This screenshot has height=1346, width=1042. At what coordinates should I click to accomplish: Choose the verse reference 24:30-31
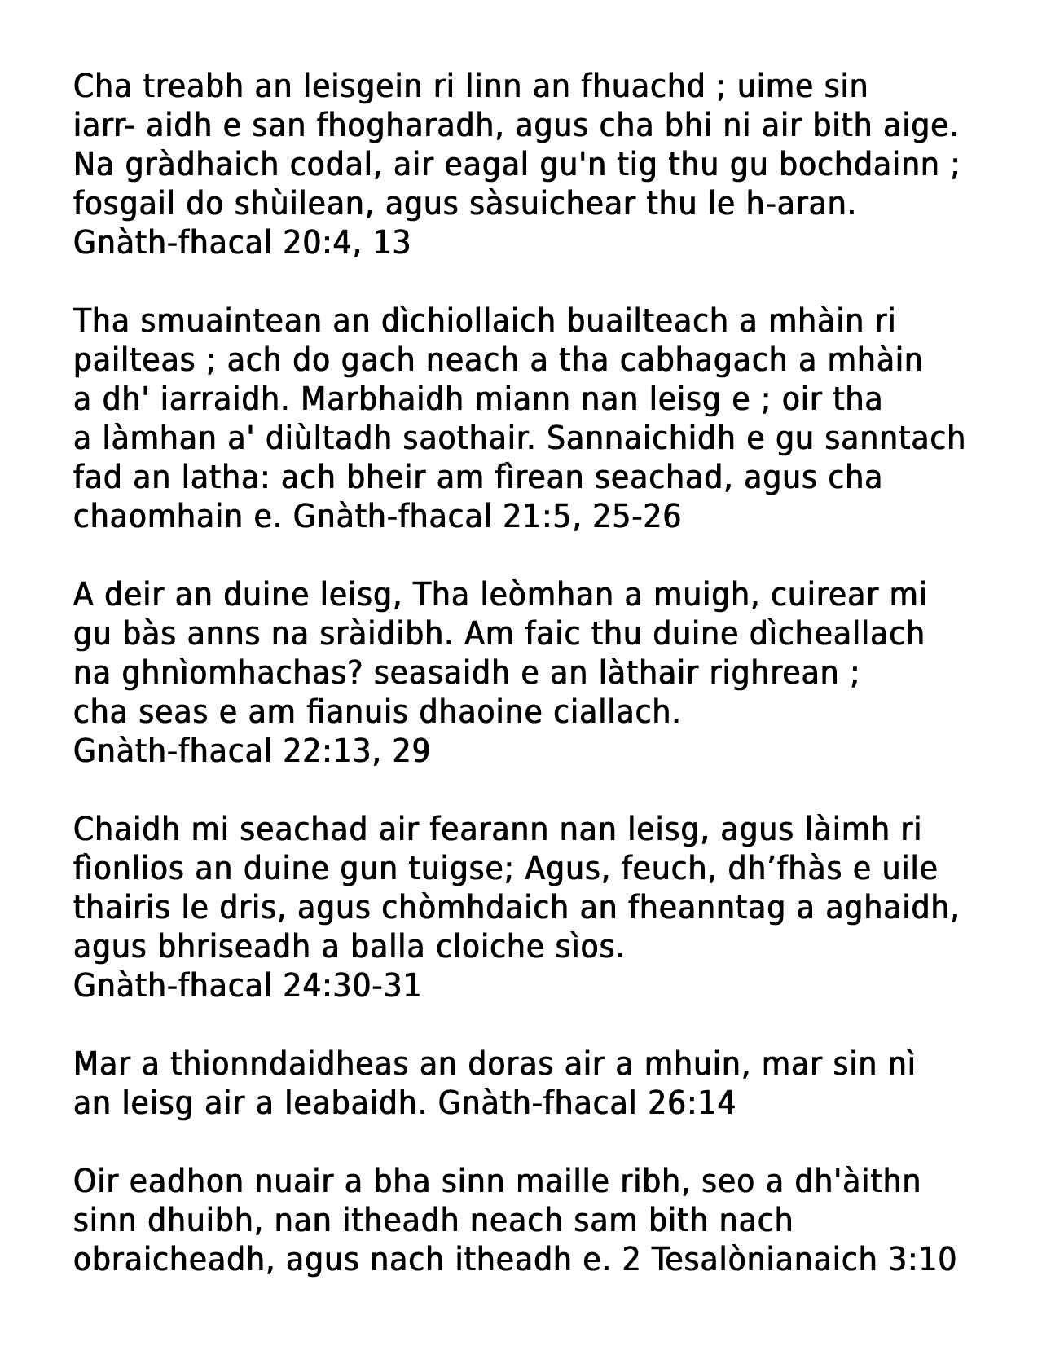pyautogui.click(x=352, y=986)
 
